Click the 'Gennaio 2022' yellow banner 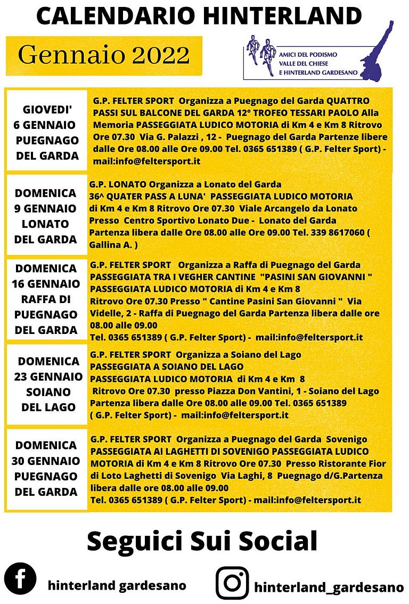pos(104,55)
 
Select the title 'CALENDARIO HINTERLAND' pos(199,17)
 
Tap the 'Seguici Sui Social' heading pos(202,541)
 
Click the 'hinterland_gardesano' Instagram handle pos(329,587)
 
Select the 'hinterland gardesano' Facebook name pos(117,585)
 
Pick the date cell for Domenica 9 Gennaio pos(46,216)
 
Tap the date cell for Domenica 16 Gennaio pos(46,299)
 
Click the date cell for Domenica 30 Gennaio pos(46,468)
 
